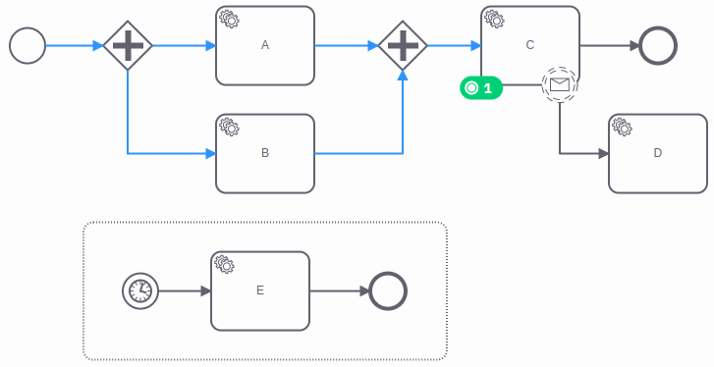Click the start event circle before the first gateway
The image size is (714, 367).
click(27, 45)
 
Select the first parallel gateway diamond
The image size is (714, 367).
click(128, 45)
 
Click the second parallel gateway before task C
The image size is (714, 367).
click(403, 45)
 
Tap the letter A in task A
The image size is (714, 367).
click(265, 45)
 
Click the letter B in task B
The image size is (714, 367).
click(265, 153)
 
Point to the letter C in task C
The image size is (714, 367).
click(530, 45)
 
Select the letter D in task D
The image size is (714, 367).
click(657, 153)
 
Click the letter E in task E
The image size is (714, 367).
click(259, 290)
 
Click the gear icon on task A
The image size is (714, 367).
click(230, 19)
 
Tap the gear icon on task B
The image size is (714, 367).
click(230, 127)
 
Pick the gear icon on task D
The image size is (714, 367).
click(622, 127)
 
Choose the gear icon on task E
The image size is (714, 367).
click(224, 264)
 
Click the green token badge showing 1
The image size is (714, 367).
click(481, 88)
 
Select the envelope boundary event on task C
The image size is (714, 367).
click(559, 85)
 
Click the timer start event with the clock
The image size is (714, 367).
click(140, 290)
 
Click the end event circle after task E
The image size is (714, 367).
click(387, 290)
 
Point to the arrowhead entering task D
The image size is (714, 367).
click(602, 153)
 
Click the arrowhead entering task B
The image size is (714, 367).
click(209, 153)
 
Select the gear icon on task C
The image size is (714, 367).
click(495, 19)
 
